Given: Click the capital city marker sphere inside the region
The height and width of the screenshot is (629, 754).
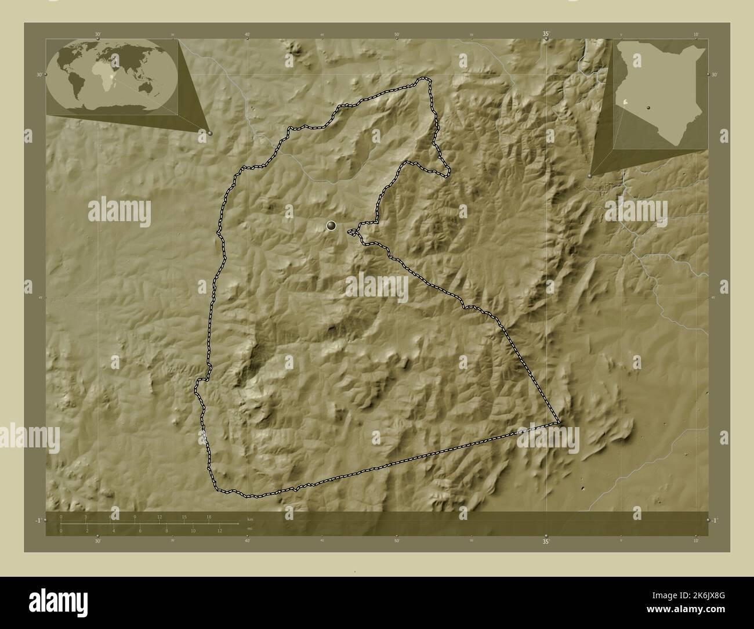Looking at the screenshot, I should [x=332, y=226].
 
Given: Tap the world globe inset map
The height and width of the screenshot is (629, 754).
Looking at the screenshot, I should [x=113, y=75].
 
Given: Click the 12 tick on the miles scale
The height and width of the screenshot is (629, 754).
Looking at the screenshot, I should [x=219, y=530].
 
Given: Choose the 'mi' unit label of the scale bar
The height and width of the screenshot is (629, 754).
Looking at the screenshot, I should [x=250, y=528].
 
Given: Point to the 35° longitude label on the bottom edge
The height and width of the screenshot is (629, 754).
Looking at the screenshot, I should [x=546, y=543].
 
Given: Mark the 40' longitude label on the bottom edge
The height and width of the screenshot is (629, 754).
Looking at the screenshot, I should [x=248, y=542].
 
